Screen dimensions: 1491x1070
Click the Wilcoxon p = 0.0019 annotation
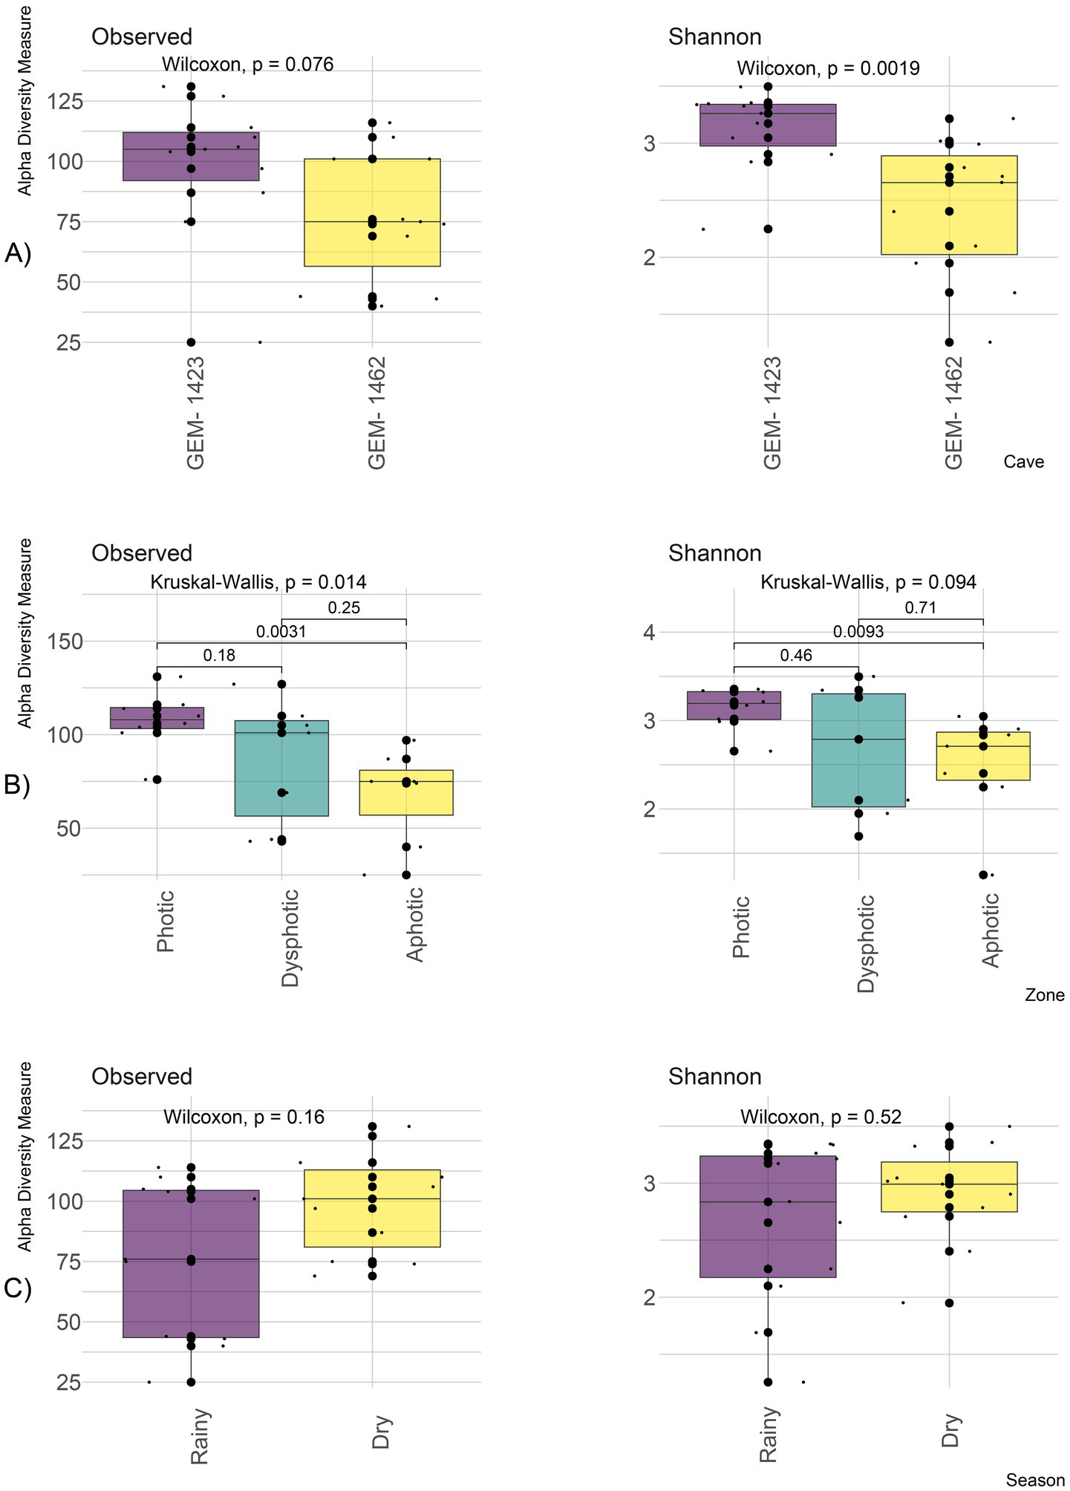828,69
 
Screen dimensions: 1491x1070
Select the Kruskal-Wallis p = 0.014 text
258,582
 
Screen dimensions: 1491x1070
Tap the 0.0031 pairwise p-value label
281,632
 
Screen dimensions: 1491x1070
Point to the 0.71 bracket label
920,608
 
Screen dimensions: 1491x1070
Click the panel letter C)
17,1288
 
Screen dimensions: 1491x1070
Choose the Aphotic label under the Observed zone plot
415,924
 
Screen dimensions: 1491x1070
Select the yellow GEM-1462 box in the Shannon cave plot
949,206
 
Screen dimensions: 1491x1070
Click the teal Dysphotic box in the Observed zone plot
281,769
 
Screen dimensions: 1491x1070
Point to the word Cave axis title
1023,462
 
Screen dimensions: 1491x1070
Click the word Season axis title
1035,1480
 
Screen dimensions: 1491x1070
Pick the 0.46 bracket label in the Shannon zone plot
796,656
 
